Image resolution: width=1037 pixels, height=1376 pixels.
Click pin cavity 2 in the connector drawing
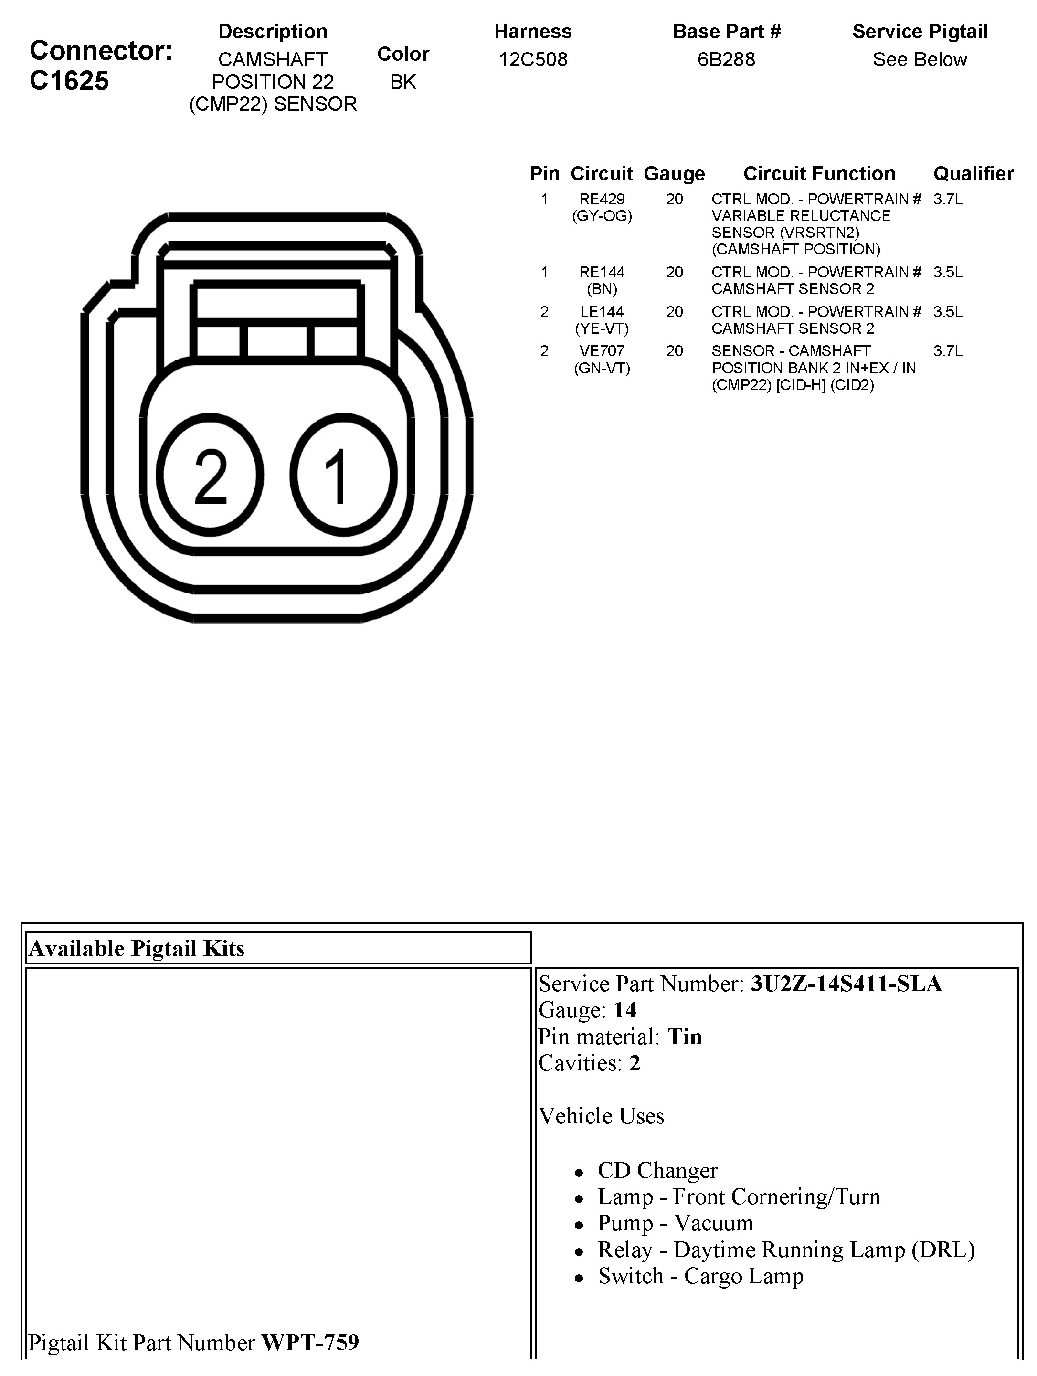click(210, 475)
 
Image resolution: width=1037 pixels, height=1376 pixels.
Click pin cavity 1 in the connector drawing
click(343, 475)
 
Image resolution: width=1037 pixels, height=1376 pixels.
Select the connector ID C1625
click(69, 81)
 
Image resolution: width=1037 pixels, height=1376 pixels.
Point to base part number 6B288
click(726, 60)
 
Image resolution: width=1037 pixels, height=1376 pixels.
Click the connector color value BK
click(402, 82)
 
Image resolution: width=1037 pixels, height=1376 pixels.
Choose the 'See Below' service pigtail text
click(920, 60)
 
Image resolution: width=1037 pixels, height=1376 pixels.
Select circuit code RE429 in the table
click(602, 199)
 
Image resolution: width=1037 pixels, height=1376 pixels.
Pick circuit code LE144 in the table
click(602, 312)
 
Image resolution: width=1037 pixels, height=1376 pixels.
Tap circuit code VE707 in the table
click(602, 351)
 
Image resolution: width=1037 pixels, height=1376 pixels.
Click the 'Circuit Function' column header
click(819, 174)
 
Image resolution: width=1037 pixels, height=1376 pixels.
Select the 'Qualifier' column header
click(973, 174)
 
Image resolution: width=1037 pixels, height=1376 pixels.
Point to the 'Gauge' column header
click(674, 174)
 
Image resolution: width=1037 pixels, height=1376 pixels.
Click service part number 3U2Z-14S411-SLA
click(846, 984)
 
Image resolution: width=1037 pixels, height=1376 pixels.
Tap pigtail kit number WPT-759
click(310, 1343)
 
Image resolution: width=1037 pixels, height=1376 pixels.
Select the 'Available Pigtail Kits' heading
click(137, 948)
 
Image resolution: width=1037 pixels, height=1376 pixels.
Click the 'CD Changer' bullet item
click(657, 1170)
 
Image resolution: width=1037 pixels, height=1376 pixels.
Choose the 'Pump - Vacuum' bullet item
click(675, 1223)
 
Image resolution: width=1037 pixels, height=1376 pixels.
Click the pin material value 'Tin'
click(684, 1037)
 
